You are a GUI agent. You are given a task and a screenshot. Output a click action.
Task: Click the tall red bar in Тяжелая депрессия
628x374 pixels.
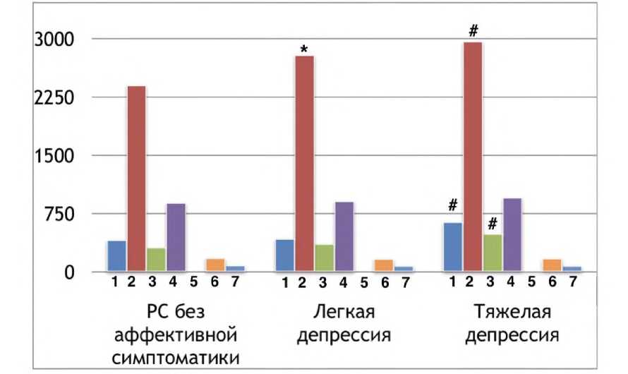pyautogui.click(x=473, y=155)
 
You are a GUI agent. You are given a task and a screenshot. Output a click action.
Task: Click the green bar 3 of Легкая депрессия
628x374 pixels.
pyautogui.click(x=325, y=258)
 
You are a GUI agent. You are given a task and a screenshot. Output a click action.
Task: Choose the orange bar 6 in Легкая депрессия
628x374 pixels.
pyautogui.click(x=384, y=265)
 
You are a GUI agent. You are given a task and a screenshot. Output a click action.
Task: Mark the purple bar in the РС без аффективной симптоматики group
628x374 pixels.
pyautogui.click(x=176, y=237)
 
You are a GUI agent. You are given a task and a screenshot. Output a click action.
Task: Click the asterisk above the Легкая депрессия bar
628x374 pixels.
pyautogui.click(x=304, y=49)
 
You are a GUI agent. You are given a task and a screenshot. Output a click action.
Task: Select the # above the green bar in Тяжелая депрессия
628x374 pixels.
pyautogui.click(x=493, y=223)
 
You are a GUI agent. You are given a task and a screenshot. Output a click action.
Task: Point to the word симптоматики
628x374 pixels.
pyautogui.click(x=176, y=356)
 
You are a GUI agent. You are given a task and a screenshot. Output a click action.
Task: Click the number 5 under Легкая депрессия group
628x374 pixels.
pyautogui.click(x=363, y=283)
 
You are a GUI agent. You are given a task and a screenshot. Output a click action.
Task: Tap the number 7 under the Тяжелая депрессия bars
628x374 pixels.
pyautogui.click(x=572, y=282)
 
